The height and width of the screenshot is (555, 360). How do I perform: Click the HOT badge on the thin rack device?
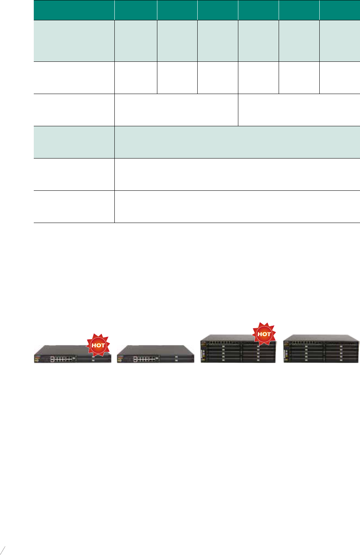click(98, 345)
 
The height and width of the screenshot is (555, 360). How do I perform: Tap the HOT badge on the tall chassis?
click(264, 334)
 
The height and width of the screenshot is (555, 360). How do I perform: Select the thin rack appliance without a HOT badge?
click(155, 354)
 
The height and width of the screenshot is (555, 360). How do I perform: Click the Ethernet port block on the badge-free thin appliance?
click(145, 359)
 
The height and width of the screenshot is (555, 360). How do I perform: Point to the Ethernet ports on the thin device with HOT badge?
click(62, 359)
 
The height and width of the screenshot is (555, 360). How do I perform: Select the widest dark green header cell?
click(74, 10)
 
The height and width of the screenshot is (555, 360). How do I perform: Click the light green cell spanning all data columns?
click(237, 142)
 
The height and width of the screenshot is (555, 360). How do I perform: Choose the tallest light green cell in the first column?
click(74, 41)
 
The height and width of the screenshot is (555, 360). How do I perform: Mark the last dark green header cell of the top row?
click(340, 10)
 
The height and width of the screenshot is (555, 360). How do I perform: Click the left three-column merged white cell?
click(176, 110)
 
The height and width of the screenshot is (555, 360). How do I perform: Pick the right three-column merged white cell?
click(299, 110)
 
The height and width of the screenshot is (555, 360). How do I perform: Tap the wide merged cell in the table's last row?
click(237, 206)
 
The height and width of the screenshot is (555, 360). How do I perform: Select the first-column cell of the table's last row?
click(74, 206)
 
